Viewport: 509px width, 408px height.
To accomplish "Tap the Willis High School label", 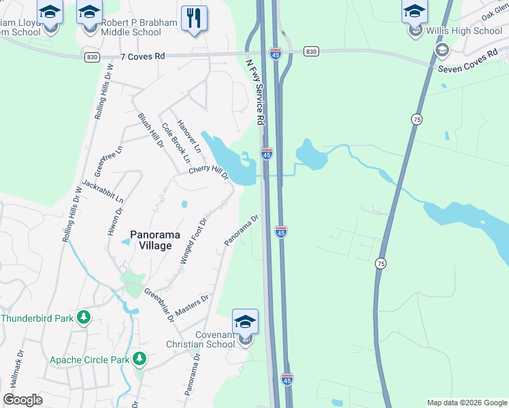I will click(x=464, y=31).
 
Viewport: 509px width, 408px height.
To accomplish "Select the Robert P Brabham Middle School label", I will click(x=139, y=27).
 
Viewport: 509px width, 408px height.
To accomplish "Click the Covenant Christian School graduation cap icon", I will click(x=245, y=322).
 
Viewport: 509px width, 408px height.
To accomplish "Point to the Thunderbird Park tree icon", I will click(x=84, y=318).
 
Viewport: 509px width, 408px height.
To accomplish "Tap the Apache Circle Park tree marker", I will click(x=139, y=358).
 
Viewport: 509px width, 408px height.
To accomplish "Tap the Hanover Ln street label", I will click(x=189, y=135).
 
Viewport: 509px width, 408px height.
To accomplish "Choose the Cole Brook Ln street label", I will click(x=175, y=143).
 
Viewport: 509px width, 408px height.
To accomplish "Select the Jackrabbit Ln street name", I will click(x=103, y=192).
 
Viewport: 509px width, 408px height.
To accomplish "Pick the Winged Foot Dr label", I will click(x=193, y=241).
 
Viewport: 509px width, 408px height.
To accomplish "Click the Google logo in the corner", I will click(x=22, y=400).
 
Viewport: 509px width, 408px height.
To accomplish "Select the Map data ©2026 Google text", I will click(x=467, y=403).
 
